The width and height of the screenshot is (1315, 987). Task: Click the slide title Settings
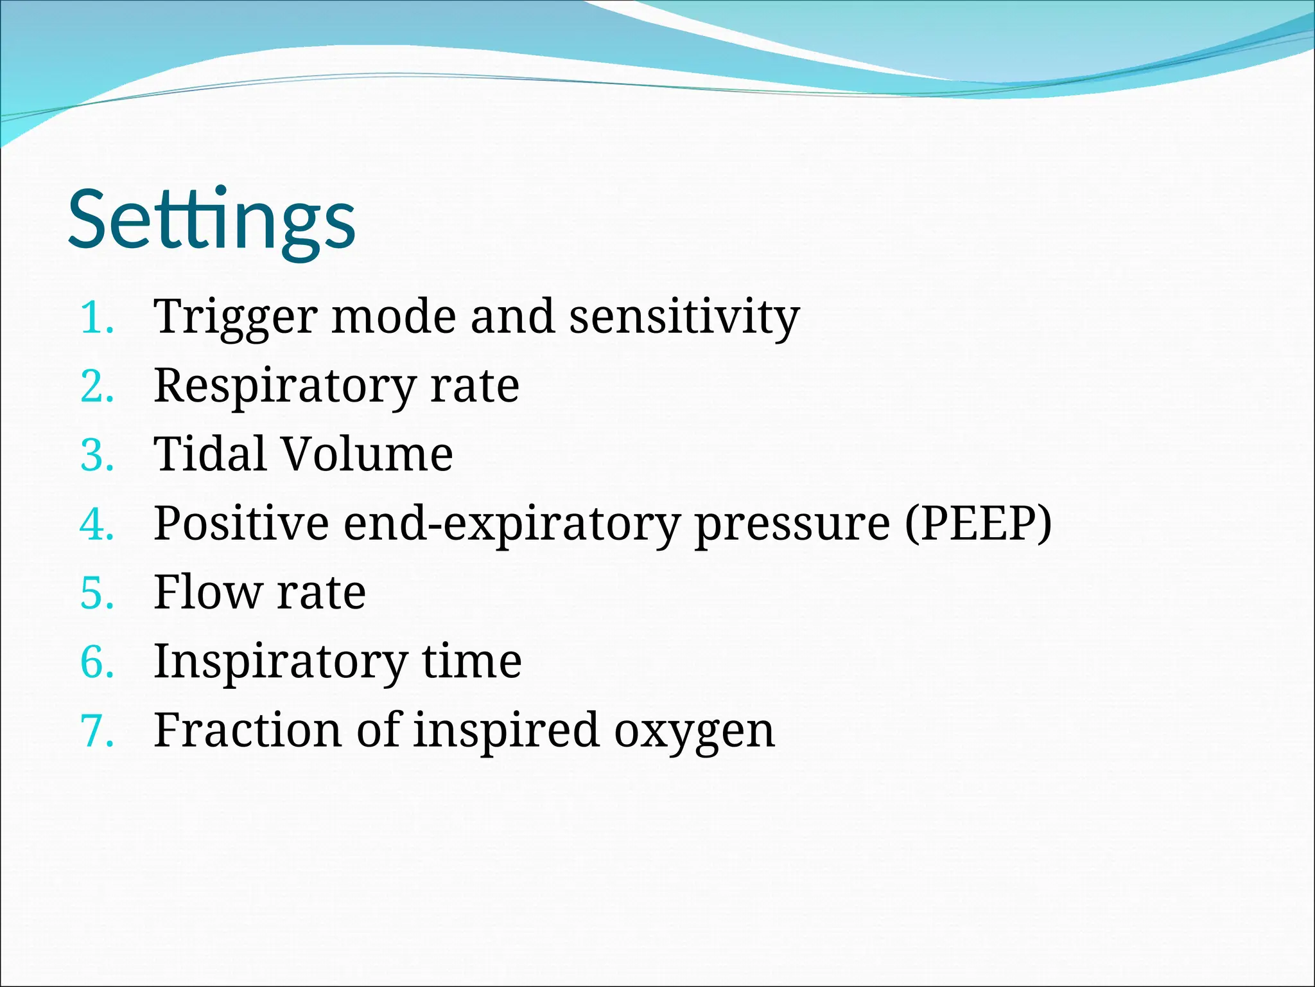[212, 220]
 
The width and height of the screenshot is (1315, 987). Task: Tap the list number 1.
[96, 318]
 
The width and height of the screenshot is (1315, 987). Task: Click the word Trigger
[235, 318]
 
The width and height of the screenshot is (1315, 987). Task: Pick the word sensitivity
[684, 318]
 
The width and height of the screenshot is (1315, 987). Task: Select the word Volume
[367, 454]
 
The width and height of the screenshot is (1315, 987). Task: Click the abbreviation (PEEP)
[978, 524]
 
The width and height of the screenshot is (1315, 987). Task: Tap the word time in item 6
[471, 662]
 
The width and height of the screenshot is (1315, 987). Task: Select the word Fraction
[247, 731]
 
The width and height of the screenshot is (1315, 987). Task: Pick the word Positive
[241, 524]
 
